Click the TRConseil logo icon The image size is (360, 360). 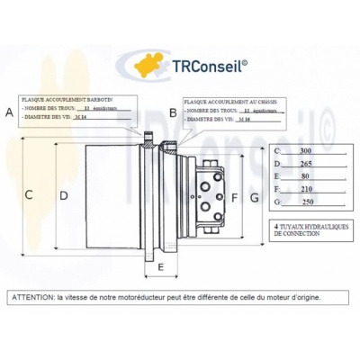coord(148,64)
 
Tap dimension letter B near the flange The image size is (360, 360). coord(174,112)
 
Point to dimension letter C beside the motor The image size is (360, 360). coord(29,194)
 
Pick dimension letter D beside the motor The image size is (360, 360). coord(63,194)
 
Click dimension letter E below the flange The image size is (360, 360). coord(161,267)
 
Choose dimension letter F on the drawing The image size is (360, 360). coord(235,196)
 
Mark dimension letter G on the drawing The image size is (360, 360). coord(255,196)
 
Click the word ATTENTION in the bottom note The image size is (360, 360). coord(32,295)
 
